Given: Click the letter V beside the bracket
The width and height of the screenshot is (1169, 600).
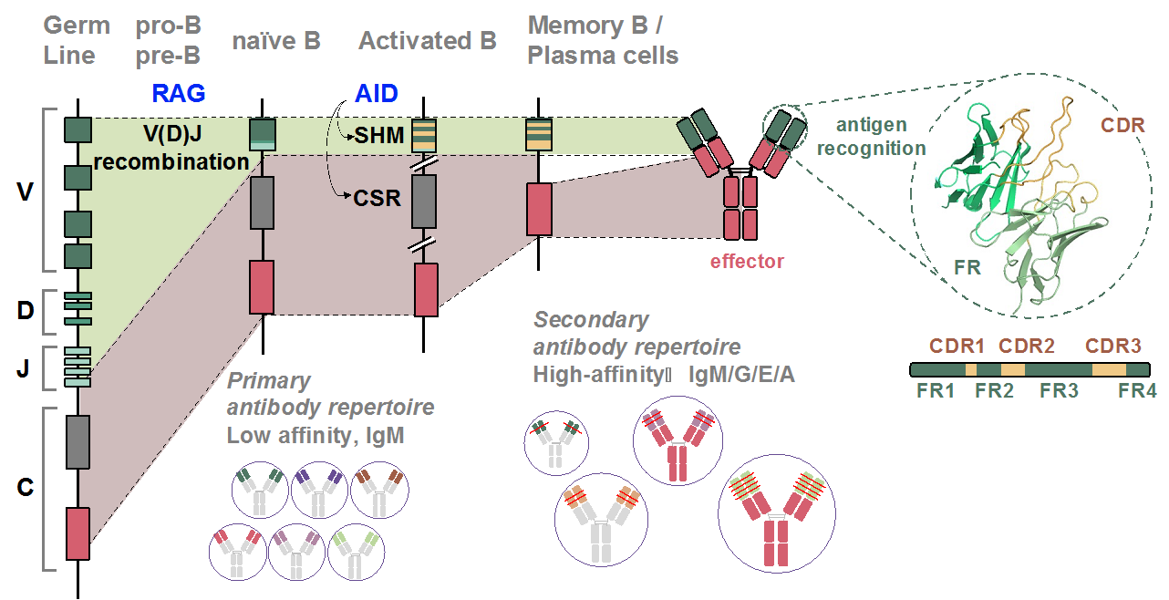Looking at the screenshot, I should coord(25,193).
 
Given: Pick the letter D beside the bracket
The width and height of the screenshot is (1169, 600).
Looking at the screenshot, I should coord(25,310).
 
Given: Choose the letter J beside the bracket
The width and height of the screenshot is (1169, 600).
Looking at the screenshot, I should coord(25,368).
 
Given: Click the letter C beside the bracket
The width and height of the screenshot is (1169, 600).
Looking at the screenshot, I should coord(25,488).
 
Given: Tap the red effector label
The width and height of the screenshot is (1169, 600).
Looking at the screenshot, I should coord(746,262).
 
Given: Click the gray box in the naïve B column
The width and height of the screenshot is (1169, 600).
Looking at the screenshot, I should coord(263,202).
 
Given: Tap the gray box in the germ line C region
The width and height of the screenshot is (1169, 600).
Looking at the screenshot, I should coord(78,442).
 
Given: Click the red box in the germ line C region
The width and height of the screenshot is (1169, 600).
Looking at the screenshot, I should coord(78,533).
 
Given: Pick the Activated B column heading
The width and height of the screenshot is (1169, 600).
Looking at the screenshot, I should coord(427,41).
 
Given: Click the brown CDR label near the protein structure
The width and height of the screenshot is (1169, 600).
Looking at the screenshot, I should coord(1122,125).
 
